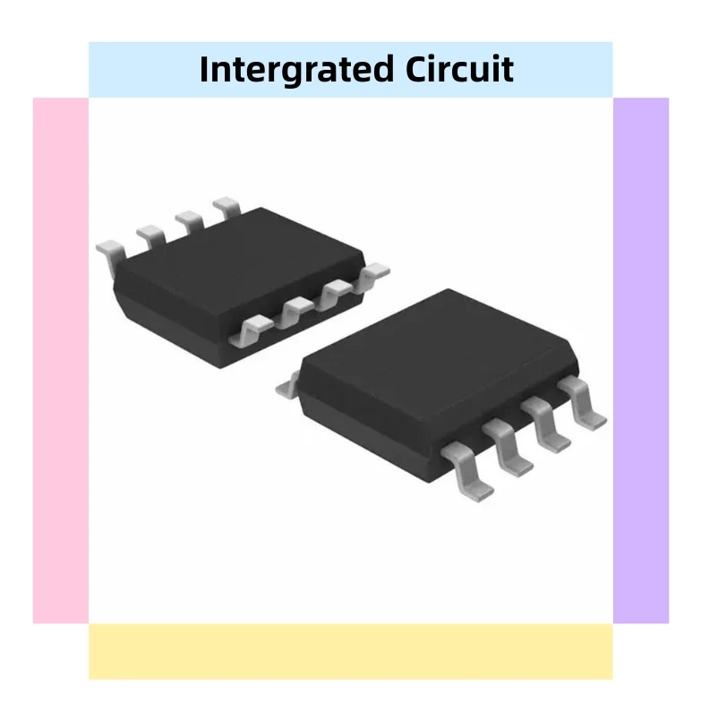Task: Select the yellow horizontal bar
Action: click(x=350, y=651)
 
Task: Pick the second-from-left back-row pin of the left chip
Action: click(x=150, y=236)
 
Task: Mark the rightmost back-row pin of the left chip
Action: click(x=226, y=208)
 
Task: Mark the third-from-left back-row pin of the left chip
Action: click(x=188, y=220)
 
